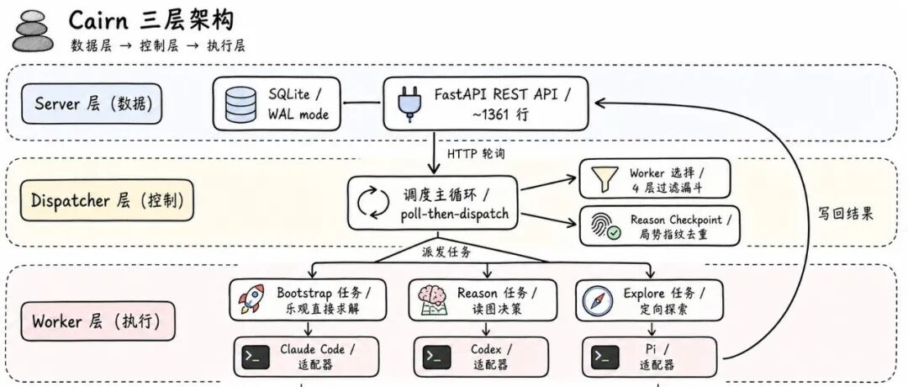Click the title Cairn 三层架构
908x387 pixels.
coord(151,19)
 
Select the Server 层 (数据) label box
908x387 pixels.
coord(92,103)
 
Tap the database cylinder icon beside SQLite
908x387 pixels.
coord(241,103)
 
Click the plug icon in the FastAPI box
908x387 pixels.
coord(405,103)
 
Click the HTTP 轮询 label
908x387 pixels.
coord(476,154)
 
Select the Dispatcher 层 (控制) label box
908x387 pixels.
coord(107,200)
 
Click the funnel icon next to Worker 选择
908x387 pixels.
coord(604,179)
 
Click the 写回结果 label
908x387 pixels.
coord(846,214)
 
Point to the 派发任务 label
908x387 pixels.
coord(446,252)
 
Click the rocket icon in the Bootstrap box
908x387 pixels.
coord(252,299)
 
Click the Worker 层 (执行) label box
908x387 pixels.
coord(98,321)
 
